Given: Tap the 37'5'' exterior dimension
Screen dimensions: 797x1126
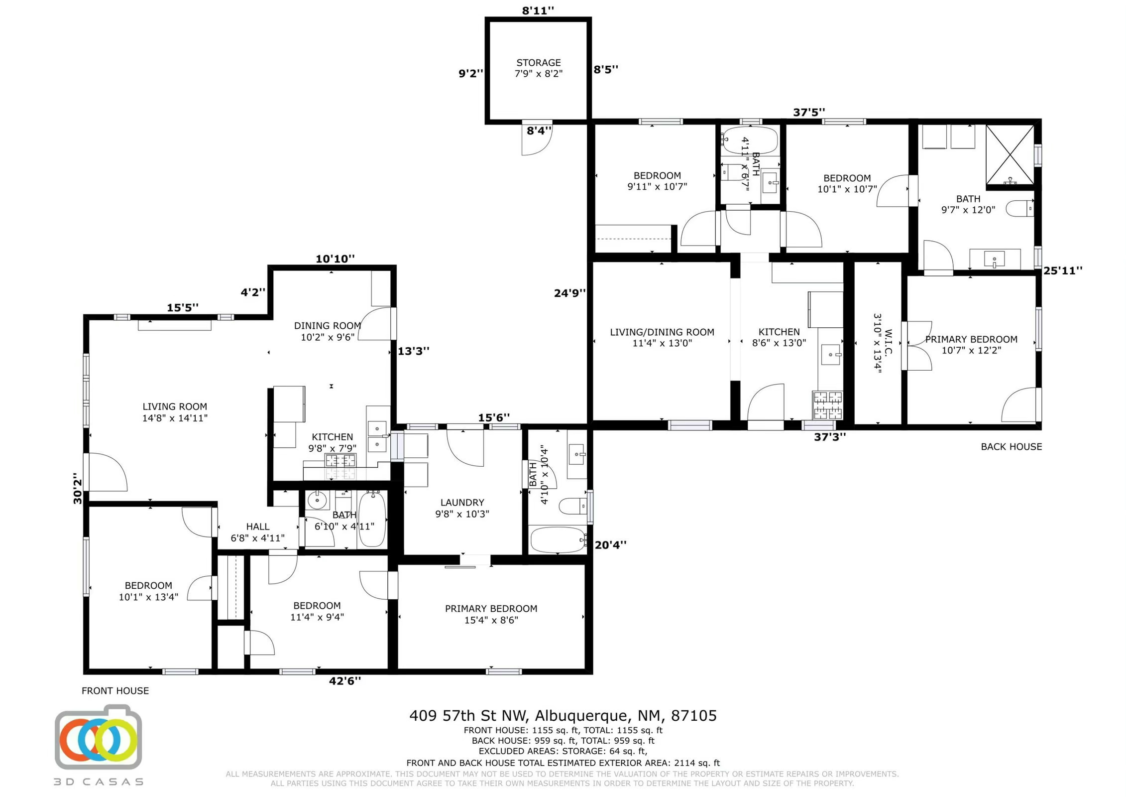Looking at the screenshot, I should click(809, 113).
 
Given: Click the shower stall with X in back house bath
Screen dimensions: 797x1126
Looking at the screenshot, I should click(1010, 155).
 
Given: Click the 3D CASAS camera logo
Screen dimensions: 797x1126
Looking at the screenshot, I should click(99, 738).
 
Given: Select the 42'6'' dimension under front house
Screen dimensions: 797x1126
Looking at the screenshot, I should click(344, 681).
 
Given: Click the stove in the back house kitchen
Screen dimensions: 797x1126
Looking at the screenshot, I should click(827, 405).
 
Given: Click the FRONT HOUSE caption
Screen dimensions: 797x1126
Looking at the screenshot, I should click(115, 690).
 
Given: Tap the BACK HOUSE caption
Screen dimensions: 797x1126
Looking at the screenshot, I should click(1011, 447).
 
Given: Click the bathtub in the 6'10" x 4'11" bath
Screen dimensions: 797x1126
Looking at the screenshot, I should click(372, 519).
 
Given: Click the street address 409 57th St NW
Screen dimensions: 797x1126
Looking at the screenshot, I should click(563, 716).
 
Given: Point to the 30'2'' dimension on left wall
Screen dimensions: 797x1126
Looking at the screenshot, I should click(78, 488).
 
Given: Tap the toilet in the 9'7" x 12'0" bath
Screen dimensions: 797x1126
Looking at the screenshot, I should click(1019, 208).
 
